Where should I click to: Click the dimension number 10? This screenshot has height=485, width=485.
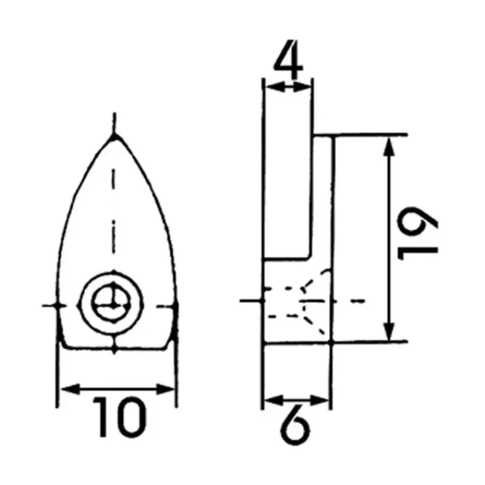click(119, 417)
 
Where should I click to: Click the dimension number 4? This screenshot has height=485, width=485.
click(289, 59)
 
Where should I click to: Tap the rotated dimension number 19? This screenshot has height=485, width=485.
click(417, 233)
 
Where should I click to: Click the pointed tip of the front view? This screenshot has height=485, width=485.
click(115, 135)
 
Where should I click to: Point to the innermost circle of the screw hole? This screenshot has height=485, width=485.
click(111, 304)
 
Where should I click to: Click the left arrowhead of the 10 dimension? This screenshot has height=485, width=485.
click(70, 389)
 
